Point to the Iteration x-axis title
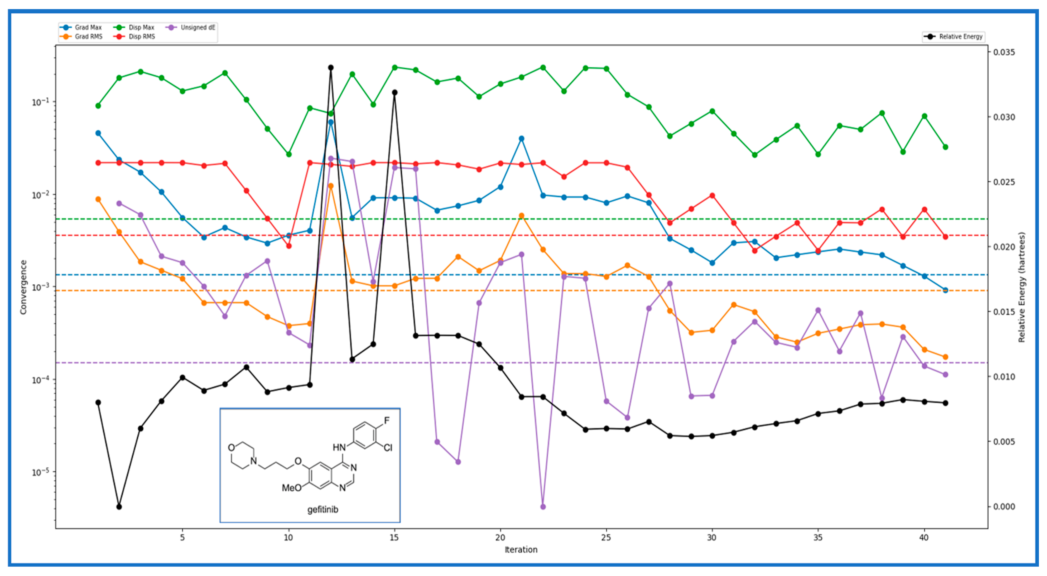click(x=521, y=549)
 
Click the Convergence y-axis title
click(x=23, y=287)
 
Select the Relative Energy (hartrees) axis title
click(x=1021, y=287)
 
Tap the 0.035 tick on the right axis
click(x=1004, y=52)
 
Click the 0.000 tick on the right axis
click(x=1004, y=507)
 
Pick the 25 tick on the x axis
click(x=606, y=537)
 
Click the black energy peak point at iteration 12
click(x=331, y=68)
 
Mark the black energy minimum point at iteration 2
click(x=119, y=507)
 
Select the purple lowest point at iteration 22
click(x=543, y=507)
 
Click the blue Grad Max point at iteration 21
click(x=521, y=139)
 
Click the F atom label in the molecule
click(x=387, y=420)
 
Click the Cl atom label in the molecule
click(x=388, y=448)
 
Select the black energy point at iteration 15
click(x=394, y=93)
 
